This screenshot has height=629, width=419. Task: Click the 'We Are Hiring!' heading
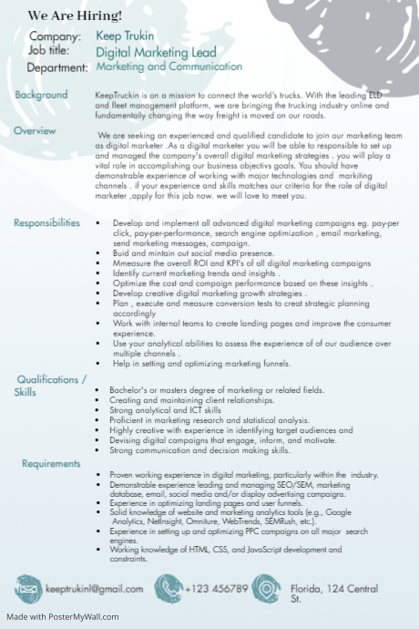point(75,16)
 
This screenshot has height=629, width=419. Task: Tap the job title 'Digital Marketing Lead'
point(156,53)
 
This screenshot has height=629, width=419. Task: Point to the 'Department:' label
point(57,68)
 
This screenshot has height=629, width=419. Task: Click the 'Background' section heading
point(41,95)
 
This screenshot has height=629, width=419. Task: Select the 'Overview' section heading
point(35,131)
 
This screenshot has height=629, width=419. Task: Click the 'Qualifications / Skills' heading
point(51,386)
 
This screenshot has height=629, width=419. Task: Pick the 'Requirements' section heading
point(52,464)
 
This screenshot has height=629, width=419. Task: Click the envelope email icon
point(28,589)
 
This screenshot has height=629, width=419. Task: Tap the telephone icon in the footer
point(168,588)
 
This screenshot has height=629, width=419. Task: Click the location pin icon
point(265,588)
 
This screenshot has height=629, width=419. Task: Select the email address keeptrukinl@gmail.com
point(95,589)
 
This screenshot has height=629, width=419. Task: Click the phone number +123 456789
point(216,589)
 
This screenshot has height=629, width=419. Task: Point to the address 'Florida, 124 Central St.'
point(333,593)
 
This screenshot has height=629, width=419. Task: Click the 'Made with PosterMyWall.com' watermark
point(62,617)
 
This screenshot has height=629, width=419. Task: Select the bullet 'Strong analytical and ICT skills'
point(165,410)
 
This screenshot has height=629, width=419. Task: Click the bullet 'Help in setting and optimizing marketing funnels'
point(201,364)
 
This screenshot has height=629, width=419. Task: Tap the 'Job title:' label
point(49,51)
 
